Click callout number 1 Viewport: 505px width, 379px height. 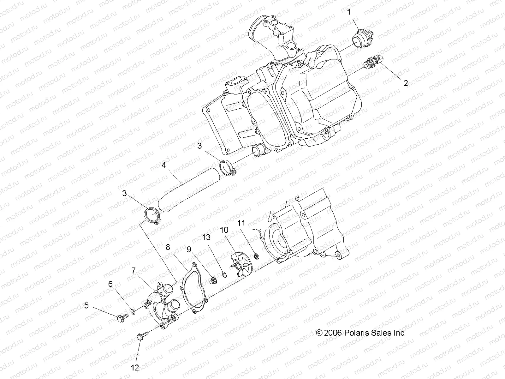coord(349,12)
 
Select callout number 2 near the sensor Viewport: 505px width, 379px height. coord(406,83)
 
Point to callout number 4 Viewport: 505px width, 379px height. coord(163,165)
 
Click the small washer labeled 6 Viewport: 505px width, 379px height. coord(134,312)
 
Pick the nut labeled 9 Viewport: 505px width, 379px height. coord(214,280)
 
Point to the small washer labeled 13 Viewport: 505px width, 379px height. coord(224,274)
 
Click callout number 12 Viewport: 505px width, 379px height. coord(135,368)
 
